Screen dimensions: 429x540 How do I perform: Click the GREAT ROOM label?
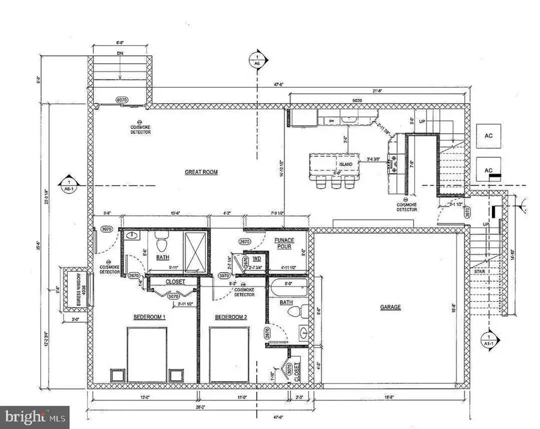pyautogui.click(x=201, y=172)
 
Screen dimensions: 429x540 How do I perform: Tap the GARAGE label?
pyautogui.click(x=390, y=307)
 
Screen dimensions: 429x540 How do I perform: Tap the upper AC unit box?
pyautogui.click(x=488, y=136)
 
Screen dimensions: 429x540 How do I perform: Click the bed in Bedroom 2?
pyautogui.click(x=229, y=354)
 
